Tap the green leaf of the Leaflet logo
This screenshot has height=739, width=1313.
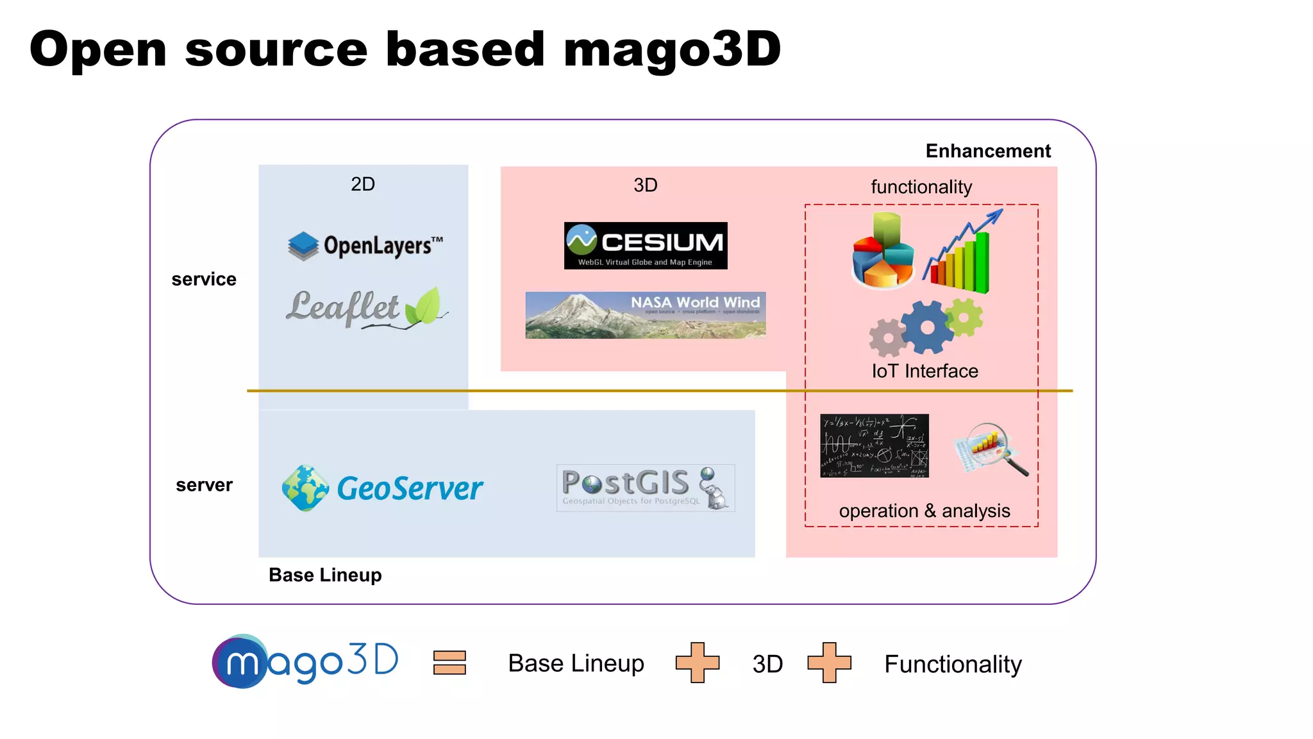coord(423,306)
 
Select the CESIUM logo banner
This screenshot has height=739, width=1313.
coord(646,246)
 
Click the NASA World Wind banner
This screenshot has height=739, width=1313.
coord(646,315)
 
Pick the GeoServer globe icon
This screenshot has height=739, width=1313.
coord(306,488)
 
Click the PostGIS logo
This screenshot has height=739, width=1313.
coord(646,488)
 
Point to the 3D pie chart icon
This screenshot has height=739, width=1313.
coord(883,251)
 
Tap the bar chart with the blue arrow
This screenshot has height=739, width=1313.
coord(962,253)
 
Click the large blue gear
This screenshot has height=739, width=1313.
coord(927,327)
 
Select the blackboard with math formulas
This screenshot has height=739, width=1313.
coord(874,446)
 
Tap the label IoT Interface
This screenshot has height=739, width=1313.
coord(924,371)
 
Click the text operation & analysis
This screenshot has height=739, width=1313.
coord(924,511)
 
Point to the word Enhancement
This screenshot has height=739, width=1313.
coord(988,151)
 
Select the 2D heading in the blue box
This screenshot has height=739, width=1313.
coord(363,184)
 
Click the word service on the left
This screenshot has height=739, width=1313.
coord(204,279)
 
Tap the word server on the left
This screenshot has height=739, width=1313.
coord(204,485)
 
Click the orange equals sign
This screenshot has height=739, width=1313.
coord(449,663)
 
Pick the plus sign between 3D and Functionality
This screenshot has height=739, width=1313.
coord(829,663)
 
